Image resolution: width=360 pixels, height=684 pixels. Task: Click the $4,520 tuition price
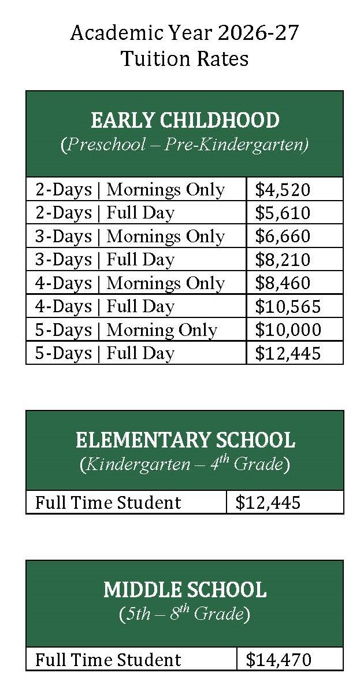pyautogui.click(x=283, y=190)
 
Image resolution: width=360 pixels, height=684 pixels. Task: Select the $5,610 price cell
pyautogui.click(x=283, y=213)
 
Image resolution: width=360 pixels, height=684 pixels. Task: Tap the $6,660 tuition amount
pyautogui.click(x=283, y=236)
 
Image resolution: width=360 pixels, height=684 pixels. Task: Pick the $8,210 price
pyautogui.click(x=283, y=260)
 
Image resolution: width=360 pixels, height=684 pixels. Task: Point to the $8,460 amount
pyautogui.click(x=283, y=283)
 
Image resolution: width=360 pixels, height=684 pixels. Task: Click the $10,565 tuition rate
pyautogui.click(x=288, y=306)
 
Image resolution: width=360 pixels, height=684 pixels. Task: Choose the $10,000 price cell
pyautogui.click(x=288, y=330)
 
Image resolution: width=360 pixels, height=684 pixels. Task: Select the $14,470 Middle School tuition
pyautogui.click(x=279, y=660)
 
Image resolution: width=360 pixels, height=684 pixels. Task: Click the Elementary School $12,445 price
pyautogui.click(x=268, y=502)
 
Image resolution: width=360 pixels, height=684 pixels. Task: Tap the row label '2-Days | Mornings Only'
pyautogui.click(x=130, y=190)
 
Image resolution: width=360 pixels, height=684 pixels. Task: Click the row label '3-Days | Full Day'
pyautogui.click(x=105, y=260)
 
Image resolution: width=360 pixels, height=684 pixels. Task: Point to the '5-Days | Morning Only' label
pyautogui.click(x=126, y=330)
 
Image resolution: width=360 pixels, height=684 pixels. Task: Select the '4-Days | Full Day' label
pyautogui.click(x=105, y=306)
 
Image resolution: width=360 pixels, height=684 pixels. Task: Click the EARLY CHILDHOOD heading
pyautogui.click(x=185, y=120)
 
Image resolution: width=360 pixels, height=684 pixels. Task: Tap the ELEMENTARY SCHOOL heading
pyautogui.click(x=185, y=440)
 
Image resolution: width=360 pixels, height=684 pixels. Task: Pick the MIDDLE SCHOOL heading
pyautogui.click(x=185, y=590)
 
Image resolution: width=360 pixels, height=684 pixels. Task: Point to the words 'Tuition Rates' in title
pyautogui.click(x=185, y=58)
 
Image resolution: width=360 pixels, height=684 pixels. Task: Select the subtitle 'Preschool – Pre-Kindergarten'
pyautogui.click(x=185, y=144)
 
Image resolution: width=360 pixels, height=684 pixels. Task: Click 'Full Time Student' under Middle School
pyautogui.click(x=108, y=660)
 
